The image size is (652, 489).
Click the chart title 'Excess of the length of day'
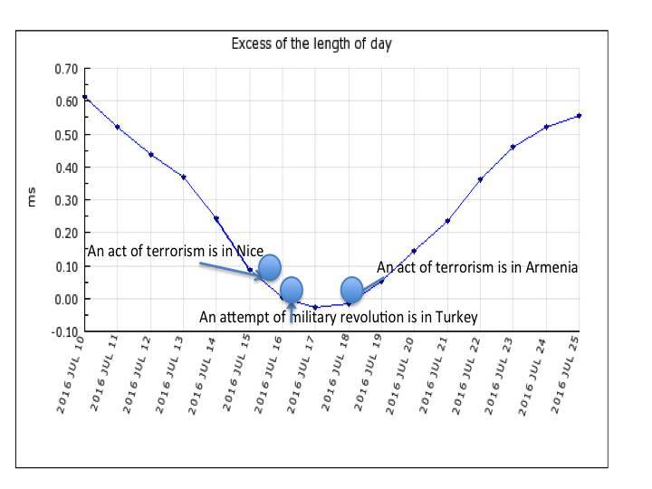pos(311,43)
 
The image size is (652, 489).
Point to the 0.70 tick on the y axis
pos(66,69)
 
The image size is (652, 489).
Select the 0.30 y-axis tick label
pos(66,200)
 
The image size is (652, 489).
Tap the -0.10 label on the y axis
pos(64,331)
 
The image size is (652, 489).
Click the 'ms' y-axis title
pos(31,200)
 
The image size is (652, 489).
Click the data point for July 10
pos(84,97)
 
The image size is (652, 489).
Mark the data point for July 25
pos(579,115)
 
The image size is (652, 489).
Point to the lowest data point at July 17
pos(315,307)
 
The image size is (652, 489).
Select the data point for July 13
pos(183,177)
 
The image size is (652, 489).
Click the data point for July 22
pos(480,179)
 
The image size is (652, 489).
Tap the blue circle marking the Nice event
pos(269,267)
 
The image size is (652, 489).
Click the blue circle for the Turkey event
pos(291,290)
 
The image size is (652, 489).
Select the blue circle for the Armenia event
pos(351,290)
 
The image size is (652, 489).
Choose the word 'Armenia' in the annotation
pos(551,267)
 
